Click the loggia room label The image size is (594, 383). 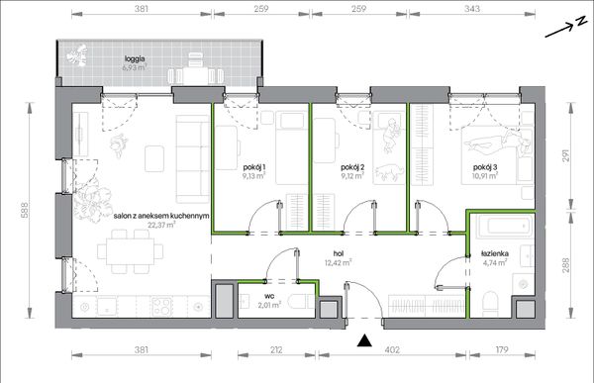(x=135, y=58)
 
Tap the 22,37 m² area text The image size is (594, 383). (x=161, y=225)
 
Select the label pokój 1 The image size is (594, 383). (x=253, y=167)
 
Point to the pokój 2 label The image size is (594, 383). (x=352, y=167)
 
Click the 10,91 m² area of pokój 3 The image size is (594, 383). (x=485, y=175)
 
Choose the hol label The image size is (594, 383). (x=339, y=253)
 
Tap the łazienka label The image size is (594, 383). (x=495, y=253)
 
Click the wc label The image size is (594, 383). (x=269, y=296)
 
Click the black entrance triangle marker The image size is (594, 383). (x=364, y=340)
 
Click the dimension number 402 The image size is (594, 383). (x=392, y=349)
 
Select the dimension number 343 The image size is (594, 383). (x=472, y=8)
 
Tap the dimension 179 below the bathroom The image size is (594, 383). (x=502, y=349)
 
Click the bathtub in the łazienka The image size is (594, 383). (x=505, y=227)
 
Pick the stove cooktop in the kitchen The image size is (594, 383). (x=162, y=306)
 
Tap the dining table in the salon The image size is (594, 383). (x=130, y=251)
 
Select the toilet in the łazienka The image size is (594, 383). (x=491, y=303)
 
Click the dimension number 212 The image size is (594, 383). (x=276, y=349)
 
